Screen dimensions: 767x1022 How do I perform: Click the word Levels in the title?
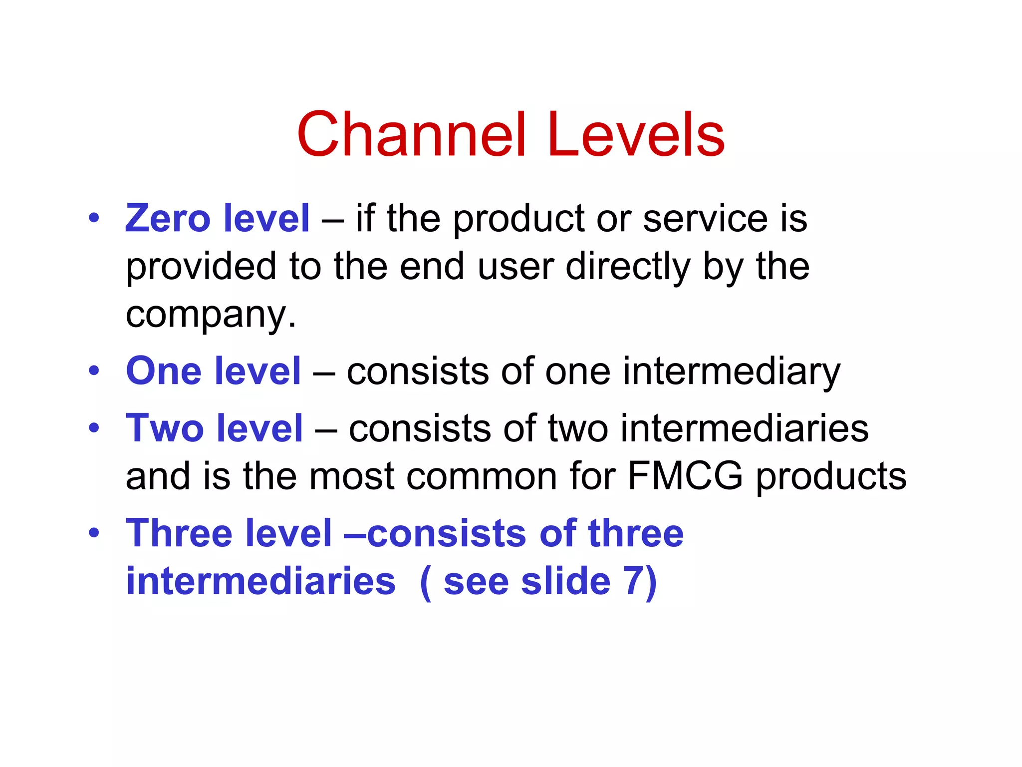(x=636, y=135)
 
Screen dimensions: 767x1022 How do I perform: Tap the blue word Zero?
(x=168, y=218)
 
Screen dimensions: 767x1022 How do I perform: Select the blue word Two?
(x=165, y=428)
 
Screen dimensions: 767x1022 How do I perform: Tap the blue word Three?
(x=179, y=533)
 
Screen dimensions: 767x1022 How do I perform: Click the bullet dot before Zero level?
(x=94, y=218)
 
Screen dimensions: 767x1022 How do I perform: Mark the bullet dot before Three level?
(x=94, y=533)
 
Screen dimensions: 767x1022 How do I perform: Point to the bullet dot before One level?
(x=94, y=371)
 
